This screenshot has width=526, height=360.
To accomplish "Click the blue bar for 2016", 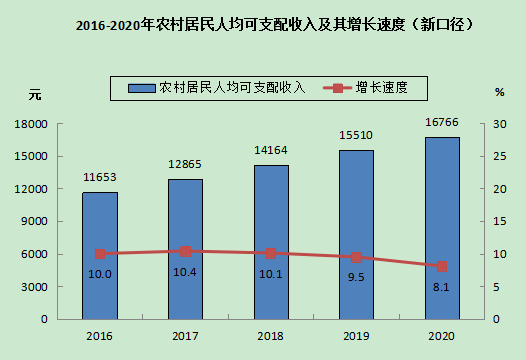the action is point(100,256).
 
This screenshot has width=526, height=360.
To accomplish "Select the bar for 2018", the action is point(271,242).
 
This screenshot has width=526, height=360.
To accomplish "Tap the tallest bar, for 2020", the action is point(442,228).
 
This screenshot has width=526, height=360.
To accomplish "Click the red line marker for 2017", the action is point(186,251).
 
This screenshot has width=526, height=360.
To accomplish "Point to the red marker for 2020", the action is point(442,267).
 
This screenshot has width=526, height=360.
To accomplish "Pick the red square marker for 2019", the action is point(357,257).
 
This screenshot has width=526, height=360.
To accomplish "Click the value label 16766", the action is point(442,122).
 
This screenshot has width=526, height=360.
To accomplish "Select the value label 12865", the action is point(185,164).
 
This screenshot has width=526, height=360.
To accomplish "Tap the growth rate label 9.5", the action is point(356,277).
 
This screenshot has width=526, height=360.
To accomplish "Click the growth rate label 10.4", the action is point(185,272).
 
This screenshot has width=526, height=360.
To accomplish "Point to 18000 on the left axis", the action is point(31,124).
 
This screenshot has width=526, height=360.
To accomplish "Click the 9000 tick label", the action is point(34,221).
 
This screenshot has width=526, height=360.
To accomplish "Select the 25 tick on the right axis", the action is point(499,157).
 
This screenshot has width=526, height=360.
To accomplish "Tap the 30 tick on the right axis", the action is point(499,124).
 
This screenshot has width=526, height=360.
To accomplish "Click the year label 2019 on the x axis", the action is point(356,336).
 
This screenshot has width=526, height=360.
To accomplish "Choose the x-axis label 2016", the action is point(99,336).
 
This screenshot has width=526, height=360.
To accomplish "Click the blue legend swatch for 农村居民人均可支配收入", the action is point(142,88).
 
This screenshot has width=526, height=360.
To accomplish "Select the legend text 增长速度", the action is point(382,88).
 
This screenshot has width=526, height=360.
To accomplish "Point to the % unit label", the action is point(500,92).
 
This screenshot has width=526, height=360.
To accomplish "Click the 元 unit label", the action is point(35,95).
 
